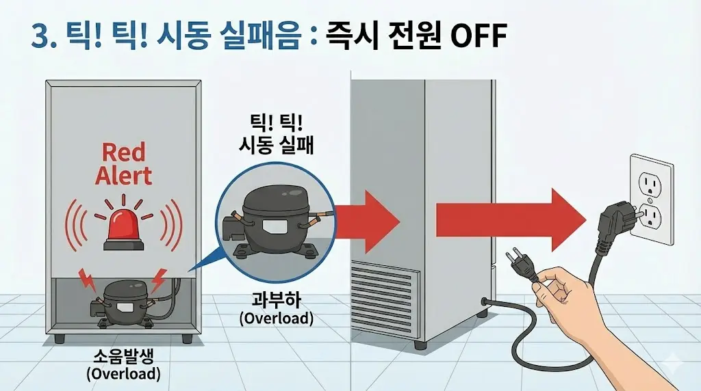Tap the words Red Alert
(123, 164)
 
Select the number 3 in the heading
(40, 36)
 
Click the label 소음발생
(123, 358)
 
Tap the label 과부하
(275, 300)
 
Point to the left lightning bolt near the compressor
(88, 280)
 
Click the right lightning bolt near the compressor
(158, 280)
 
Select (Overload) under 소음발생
(123, 374)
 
